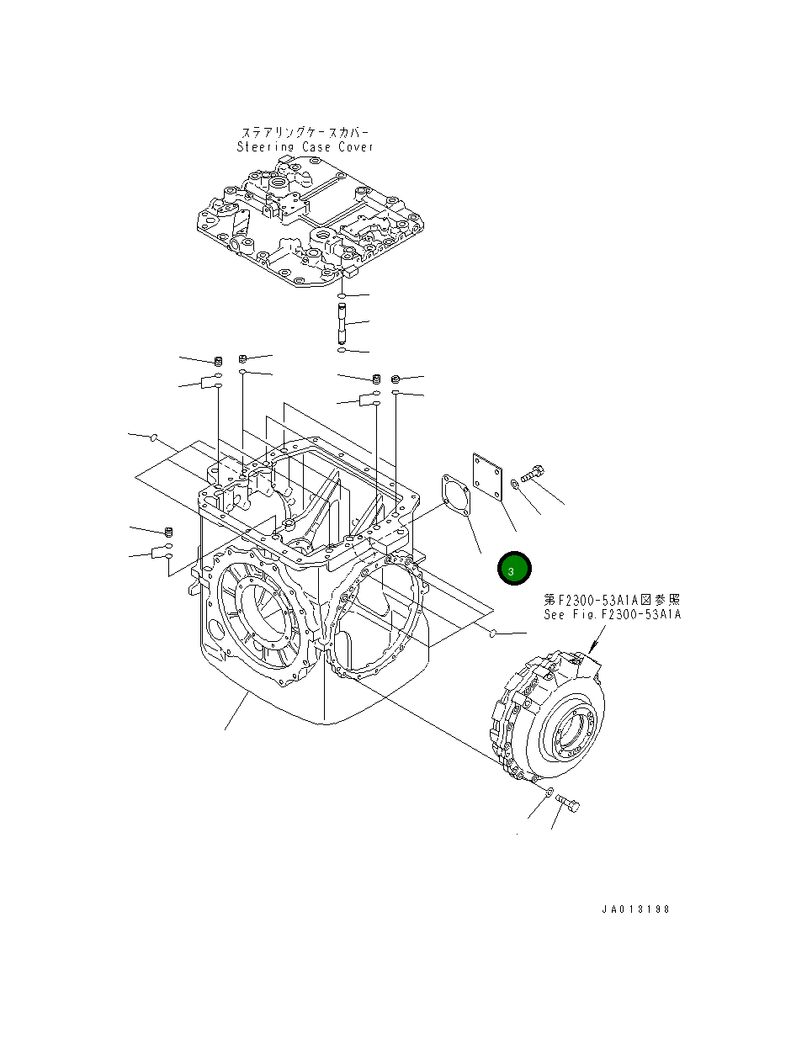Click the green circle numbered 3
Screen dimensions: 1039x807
click(513, 570)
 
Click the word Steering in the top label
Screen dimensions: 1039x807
click(265, 147)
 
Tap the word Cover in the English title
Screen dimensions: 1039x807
click(355, 147)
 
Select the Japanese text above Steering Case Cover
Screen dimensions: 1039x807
click(305, 133)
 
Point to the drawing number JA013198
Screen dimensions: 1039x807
click(635, 909)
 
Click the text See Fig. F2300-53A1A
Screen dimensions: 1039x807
click(612, 614)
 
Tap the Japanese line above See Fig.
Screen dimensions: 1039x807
click(612, 600)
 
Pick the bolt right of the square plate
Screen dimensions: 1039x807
click(533, 474)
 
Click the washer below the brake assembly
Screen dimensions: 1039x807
click(548, 793)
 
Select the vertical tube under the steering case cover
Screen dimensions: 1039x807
click(342, 323)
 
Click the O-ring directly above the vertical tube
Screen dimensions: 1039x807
click(341, 297)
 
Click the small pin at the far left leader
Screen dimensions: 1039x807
click(154, 437)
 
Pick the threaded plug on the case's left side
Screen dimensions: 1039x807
click(167, 532)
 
